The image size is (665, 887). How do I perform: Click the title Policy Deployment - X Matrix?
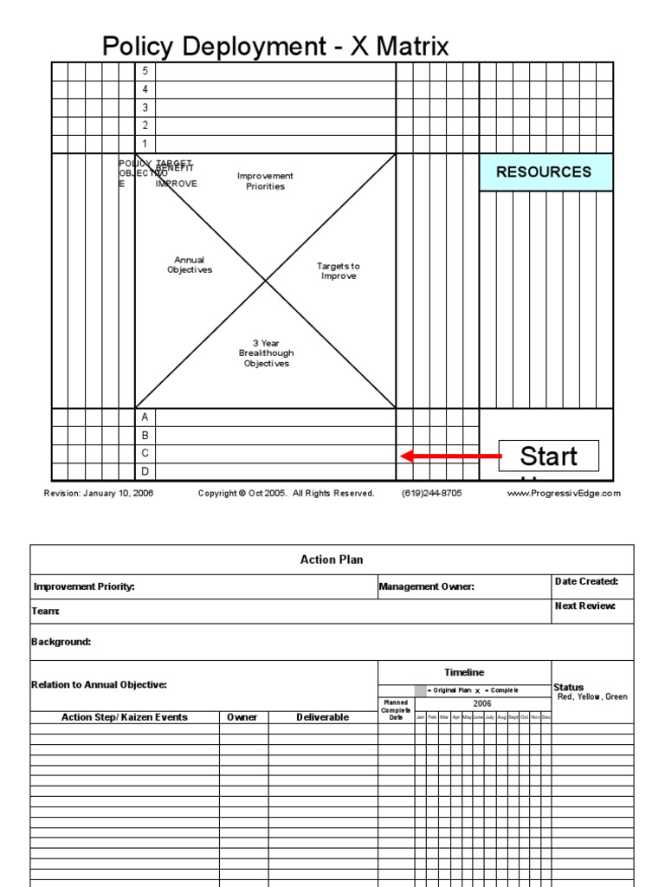pyautogui.click(x=275, y=46)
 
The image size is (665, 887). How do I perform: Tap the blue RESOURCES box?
pyautogui.click(x=546, y=172)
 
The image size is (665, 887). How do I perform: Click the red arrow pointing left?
pyautogui.click(x=450, y=456)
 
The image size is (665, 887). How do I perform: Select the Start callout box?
pyautogui.click(x=549, y=456)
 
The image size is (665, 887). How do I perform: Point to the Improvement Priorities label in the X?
pyautogui.click(x=266, y=181)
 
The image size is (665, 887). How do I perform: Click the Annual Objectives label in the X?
pyautogui.click(x=190, y=265)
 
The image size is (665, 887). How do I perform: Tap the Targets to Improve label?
pyautogui.click(x=338, y=271)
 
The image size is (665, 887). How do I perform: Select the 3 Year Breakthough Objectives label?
pyautogui.click(x=266, y=353)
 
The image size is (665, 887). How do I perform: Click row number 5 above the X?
pyautogui.click(x=145, y=71)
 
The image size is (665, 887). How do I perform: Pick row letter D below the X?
pyautogui.click(x=145, y=471)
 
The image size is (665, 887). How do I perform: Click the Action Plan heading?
pyautogui.click(x=332, y=560)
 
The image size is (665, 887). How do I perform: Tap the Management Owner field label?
pyautogui.click(x=427, y=587)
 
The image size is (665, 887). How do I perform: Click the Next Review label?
pyautogui.click(x=584, y=606)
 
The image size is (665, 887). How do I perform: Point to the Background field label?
pyautogui.click(x=61, y=642)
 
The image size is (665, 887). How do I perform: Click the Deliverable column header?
pyautogui.click(x=322, y=717)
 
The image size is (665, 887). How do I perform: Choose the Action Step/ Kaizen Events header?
pyautogui.click(x=125, y=717)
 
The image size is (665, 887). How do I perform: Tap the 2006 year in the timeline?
pyautogui.click(x=481, y=703)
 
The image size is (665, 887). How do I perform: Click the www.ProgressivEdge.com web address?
pyautogui.click(x=564, y=494)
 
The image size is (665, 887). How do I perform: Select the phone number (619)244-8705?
pyautogui.click(x=431, y=494)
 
